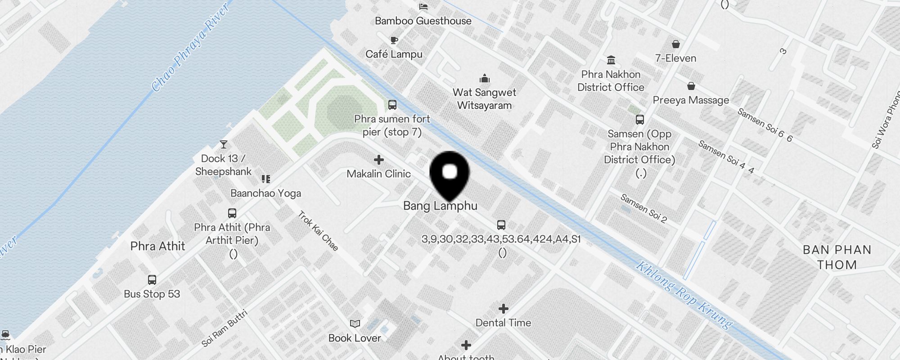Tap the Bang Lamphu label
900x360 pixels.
pyautogui.click(x=440, y=206)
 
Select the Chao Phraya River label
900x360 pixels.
pyautogui.click(x=191, y=47)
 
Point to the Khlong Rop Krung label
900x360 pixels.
pyautogui.click(x=684, y=295)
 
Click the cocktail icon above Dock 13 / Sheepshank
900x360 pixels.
pyautogui.click(x=224, y=144)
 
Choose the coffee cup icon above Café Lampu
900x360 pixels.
pyautogui.click(x=394, y=40)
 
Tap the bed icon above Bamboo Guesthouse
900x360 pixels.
pyautogui.click(x=423, y=7)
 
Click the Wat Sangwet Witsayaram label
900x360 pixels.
pyautogui.click(x=485, y=99)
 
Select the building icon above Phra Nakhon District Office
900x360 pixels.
pyautogui.click(x=611, y=60)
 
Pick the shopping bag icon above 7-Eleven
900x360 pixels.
pyautogui.click(x=675, y=44)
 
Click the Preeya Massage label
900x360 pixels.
pyautogui.click(x=691, y=100)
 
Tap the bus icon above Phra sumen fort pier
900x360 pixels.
pyautogui.click(x=392, y=105)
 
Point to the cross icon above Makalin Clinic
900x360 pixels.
pyautogui.click(x=379, y=160)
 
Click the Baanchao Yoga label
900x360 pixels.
pyautogui.click(x=266, y=193)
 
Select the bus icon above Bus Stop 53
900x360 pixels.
pyautogui.click(x=152, y=280)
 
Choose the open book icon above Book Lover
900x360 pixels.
pyautogui.click(x=355, y=324)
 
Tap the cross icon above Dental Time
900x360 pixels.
pyautogui.click(x=504, y=309)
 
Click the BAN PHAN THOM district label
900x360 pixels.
pyautogui.click(x=837, y=257)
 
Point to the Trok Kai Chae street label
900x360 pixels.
pyautogui.click(x=318, y=231)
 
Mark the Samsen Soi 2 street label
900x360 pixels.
pyautogui.click(x=643, y=208)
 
